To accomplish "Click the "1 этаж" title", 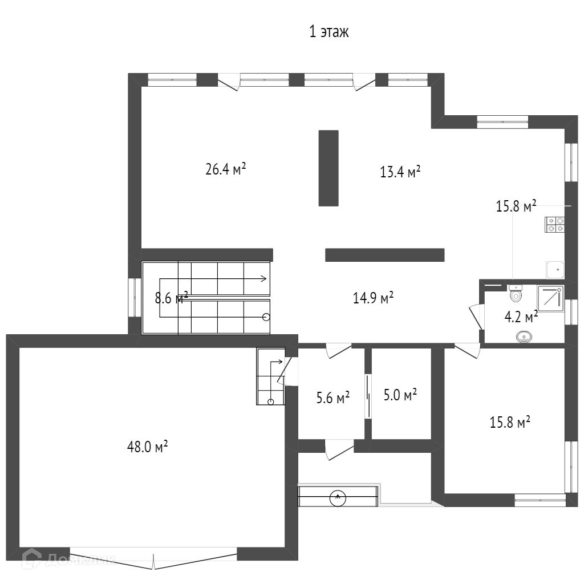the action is point(329,32).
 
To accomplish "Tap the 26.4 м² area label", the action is point(226,169).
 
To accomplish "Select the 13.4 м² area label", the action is point(400,172).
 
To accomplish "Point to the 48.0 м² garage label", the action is point(147,446).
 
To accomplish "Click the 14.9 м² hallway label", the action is point(373,298).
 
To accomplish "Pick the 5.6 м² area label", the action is point(333,398).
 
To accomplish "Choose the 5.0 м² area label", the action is point(400,395).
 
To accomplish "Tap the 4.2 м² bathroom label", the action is point(521,317).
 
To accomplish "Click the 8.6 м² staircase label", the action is point(171,298).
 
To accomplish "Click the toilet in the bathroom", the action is point(516,293).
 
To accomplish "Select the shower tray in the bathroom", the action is point(550,299).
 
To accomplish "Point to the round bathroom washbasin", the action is point(524,338).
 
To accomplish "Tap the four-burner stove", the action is point(555,224).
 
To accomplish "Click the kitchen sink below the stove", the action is point(555,270).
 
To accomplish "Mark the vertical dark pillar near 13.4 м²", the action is point(328,168).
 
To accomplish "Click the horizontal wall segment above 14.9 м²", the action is point(385,255).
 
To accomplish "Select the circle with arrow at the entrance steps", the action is point(338,498).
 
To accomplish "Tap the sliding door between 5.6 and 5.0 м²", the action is point(368,397).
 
